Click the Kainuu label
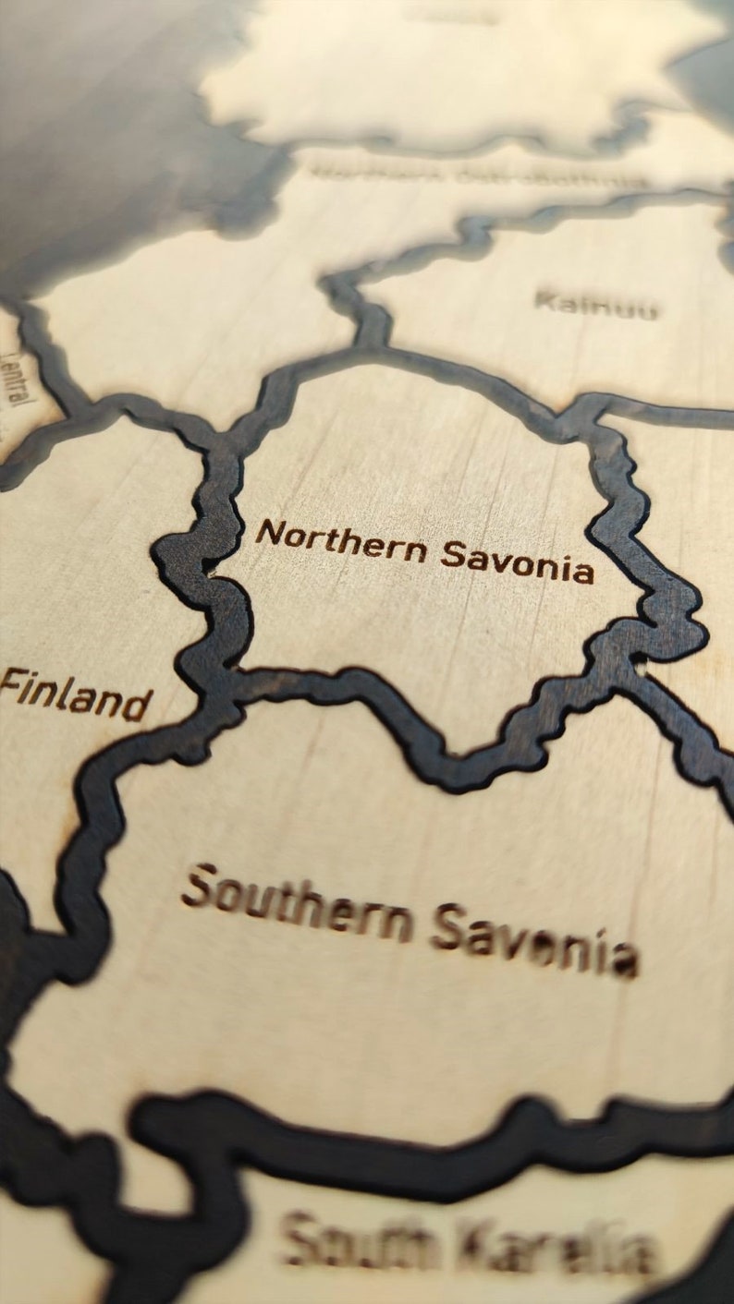tap(597, 304)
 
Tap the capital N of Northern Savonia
tap(267, 534)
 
